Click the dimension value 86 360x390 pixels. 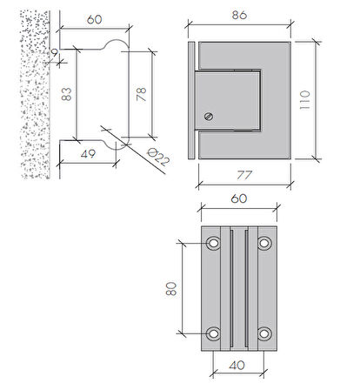tap(239, 15)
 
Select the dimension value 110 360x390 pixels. tap(304, 100)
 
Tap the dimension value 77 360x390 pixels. tap(244, 175)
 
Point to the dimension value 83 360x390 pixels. tap(66, 94)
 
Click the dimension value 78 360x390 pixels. tap(141, 94)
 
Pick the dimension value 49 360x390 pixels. tap(88, 154)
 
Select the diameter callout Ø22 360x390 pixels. tap(158, 157)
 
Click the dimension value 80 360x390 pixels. tap(171, 288)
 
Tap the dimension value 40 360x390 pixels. tap(237, 366)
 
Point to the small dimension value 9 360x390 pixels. tap(54, 53)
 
